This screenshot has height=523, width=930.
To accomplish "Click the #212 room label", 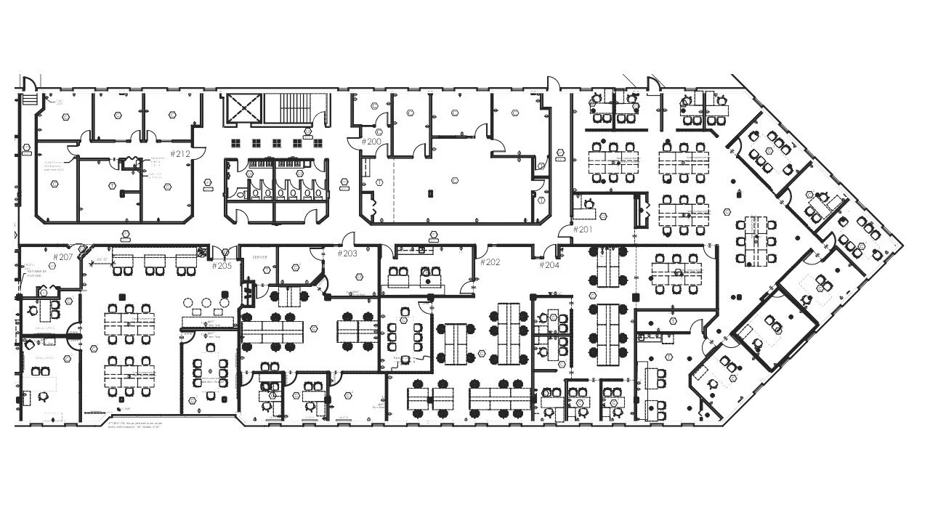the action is tap(180, 153).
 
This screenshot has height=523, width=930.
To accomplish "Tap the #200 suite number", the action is tap(371, 141).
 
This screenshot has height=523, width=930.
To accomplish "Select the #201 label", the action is tap(583, 230).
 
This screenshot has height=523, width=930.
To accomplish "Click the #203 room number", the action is tap(347, 254).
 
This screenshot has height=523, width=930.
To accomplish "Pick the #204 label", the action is tap(549, 265).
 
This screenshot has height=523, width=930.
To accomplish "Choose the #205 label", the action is tap(222, 265).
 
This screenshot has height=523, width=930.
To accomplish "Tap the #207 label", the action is tap(63, 256).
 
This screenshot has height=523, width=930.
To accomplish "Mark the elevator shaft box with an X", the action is tap(242, 109).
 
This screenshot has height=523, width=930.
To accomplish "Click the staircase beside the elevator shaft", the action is tap(294, 108).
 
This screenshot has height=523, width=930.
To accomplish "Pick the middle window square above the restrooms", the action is tap(276, 142).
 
